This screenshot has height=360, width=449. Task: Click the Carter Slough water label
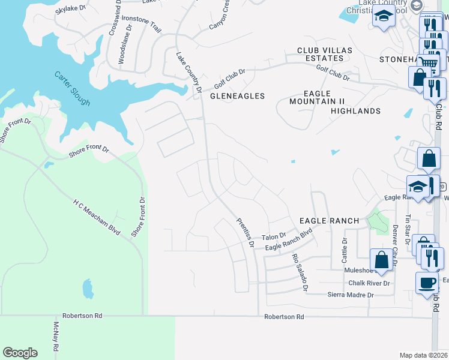click(72, 89)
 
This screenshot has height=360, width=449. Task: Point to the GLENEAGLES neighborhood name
click(237, 96)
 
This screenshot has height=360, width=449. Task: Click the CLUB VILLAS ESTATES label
click(321, 54)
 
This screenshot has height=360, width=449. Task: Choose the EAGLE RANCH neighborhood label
click(329, 221)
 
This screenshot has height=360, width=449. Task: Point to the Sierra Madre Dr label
click(350, 295)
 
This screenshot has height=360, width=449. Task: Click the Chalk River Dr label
click(369, 283)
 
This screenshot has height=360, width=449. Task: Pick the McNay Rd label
click(56, 336)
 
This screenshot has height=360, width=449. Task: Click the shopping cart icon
click(428, 62)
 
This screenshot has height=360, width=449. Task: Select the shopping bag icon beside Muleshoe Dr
click(381, 260)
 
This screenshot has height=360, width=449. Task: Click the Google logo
click(20, 353)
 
